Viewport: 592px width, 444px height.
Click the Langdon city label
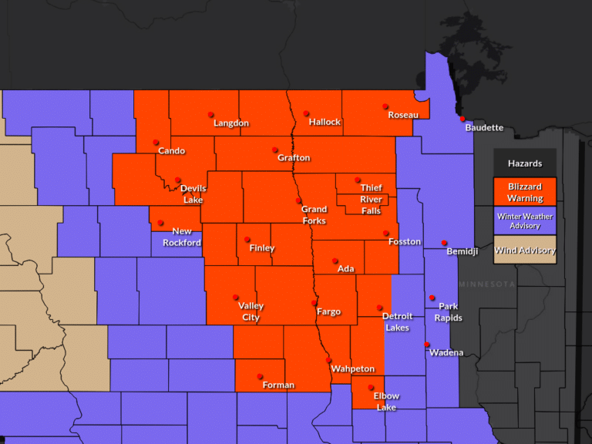point(231,123)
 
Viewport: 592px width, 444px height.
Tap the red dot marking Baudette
point(462,119)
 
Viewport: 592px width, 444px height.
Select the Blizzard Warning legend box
point(524,192)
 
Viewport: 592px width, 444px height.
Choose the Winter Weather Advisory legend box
point(524,221)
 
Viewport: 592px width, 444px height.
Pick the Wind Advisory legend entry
point(524,250)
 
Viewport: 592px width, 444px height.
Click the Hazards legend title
point(524,163)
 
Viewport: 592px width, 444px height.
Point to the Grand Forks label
point(314,215)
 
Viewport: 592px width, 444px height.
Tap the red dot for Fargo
point(314,303)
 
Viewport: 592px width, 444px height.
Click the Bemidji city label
point(462,252)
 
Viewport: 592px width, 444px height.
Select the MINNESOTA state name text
point(486,284)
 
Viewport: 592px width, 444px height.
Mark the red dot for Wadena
point(427,345)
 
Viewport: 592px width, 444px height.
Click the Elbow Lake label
point(386,402)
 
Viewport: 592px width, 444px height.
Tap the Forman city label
point(277,385)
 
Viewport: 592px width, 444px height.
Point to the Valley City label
point(251,312)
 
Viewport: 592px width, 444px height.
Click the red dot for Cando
point(156,142)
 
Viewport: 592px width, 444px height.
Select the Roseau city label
point(403,115)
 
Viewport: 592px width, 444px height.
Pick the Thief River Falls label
point(371,199)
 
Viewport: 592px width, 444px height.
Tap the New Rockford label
point(182,237)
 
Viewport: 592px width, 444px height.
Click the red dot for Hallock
point(306,113)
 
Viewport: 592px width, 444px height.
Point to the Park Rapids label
point(448,312)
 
